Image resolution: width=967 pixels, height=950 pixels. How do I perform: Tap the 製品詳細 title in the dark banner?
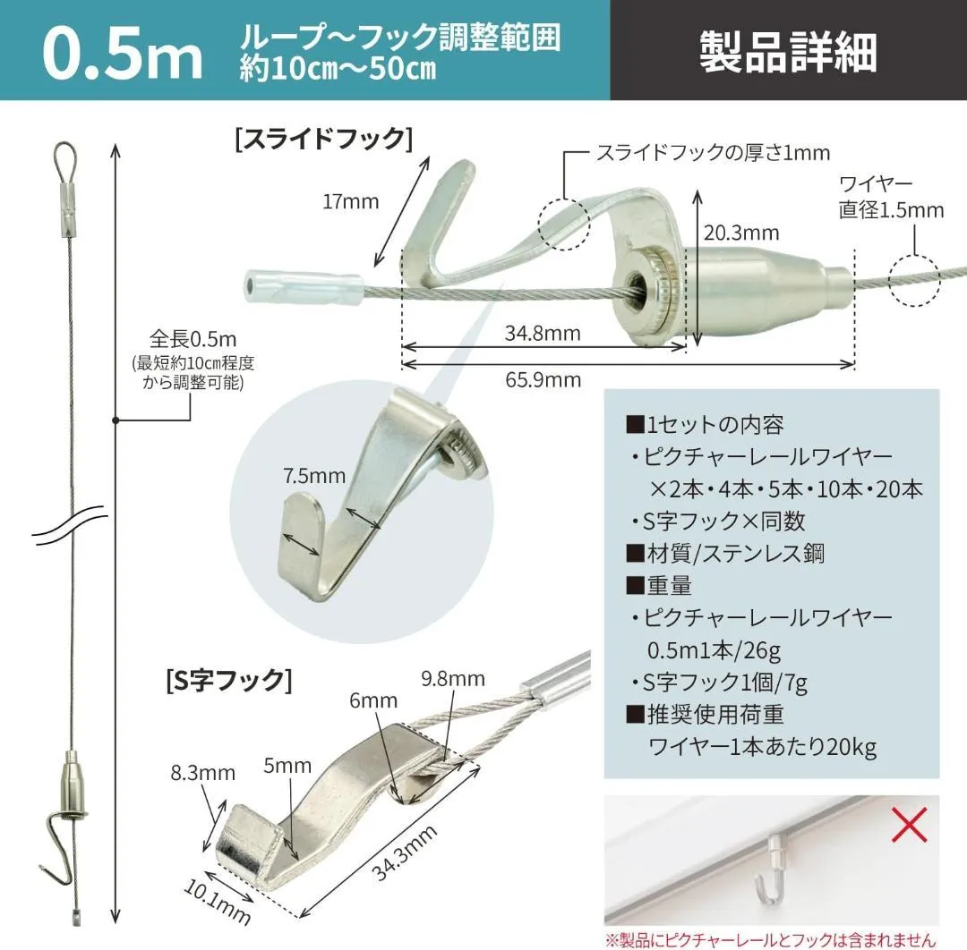point(788,52)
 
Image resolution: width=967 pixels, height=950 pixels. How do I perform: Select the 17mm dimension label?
point(350,201)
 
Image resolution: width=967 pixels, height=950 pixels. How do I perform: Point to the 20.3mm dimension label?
point(741,233)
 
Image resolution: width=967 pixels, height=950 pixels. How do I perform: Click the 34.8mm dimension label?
point(543,334)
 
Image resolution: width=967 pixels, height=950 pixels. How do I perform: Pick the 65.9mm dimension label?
point(543,379)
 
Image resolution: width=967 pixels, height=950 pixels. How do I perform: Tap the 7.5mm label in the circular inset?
point(314,476)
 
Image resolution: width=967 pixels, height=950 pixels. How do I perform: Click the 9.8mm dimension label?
point(453,679)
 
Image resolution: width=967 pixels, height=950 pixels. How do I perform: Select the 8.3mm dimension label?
point(203,773)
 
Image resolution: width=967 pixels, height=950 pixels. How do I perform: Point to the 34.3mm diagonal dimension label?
point(405,852)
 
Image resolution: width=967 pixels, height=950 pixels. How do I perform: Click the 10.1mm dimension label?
point(218,902)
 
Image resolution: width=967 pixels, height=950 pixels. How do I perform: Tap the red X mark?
point(909,825)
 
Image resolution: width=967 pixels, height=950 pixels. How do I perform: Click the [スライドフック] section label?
point(324,138)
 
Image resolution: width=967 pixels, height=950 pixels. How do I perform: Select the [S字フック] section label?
point(229,680)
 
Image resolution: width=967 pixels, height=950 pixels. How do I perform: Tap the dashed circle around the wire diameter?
point(914,280)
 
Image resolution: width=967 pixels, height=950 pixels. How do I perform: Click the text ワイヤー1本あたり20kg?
point(762,747)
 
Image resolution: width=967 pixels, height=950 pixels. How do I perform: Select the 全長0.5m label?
point(193,339)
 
